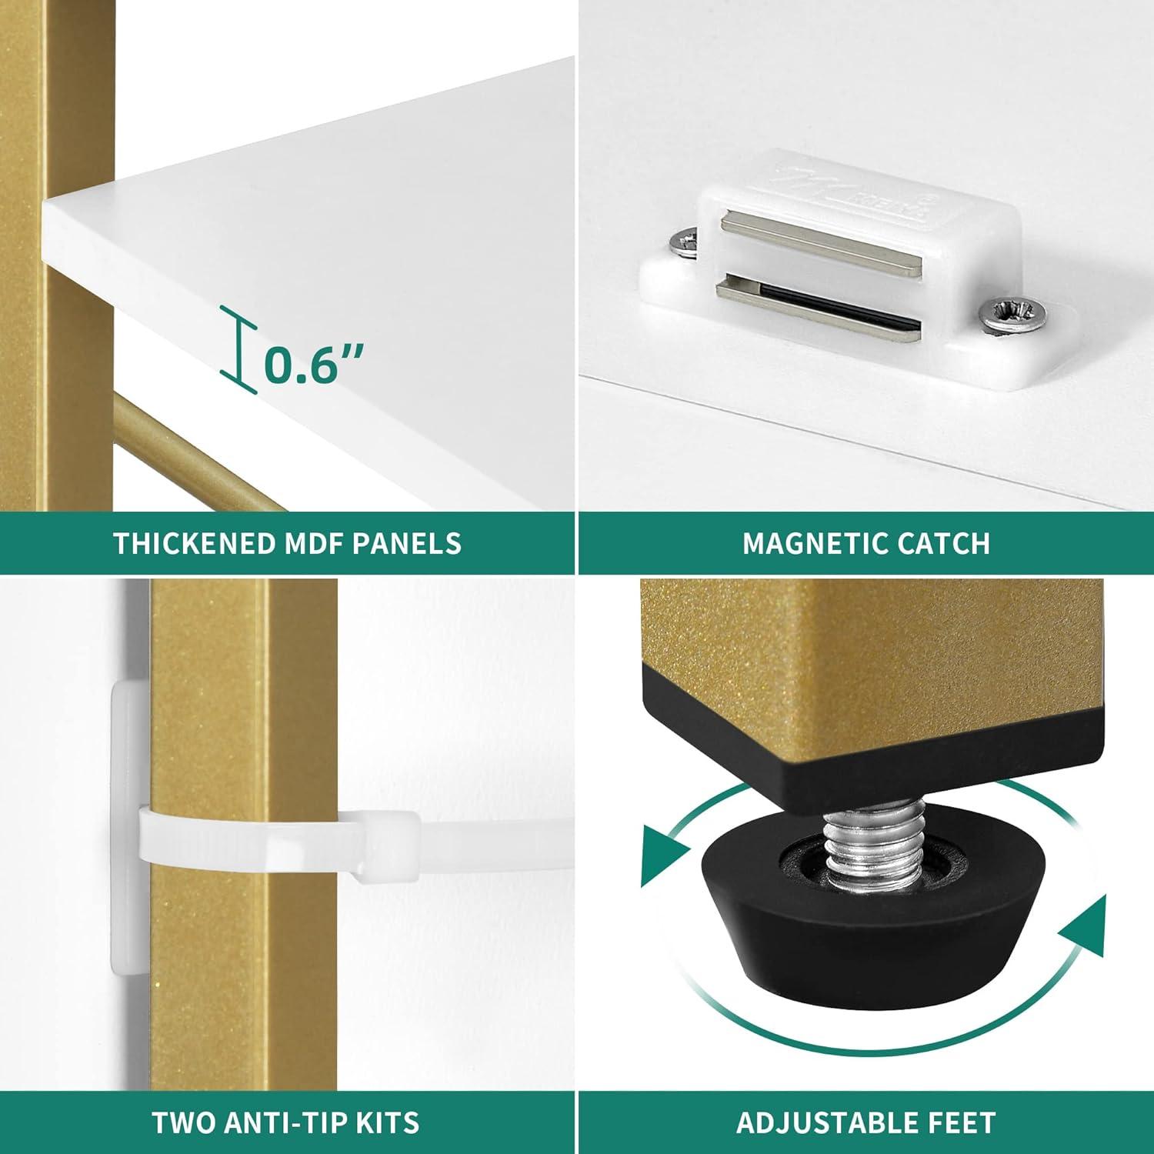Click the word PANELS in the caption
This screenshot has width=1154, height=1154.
pos(406,543)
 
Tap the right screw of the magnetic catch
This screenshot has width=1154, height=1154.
pos(1014,316)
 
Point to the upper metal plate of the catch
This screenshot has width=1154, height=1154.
pos(821,244)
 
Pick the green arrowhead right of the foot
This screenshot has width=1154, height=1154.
pos(1082,930)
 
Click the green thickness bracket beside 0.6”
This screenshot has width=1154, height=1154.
pos(239,350)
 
